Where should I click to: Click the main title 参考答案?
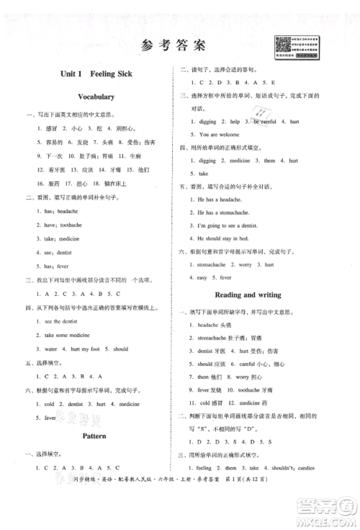173,45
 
